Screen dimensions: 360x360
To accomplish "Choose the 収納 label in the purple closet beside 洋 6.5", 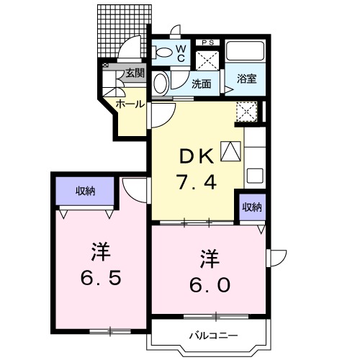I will point(86,191).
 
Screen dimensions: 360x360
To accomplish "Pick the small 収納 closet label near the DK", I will point(251,207).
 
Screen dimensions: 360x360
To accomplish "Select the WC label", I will point(181,54).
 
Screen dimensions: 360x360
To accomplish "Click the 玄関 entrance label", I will point(135,73).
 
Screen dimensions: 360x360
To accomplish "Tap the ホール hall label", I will point(130,104).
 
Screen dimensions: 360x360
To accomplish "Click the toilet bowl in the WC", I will point(164,52).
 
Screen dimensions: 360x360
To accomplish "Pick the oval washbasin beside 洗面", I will point(161,83).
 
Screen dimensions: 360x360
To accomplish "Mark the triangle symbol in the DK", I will point(229,150).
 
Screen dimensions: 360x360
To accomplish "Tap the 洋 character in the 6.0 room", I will point(209,257).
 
